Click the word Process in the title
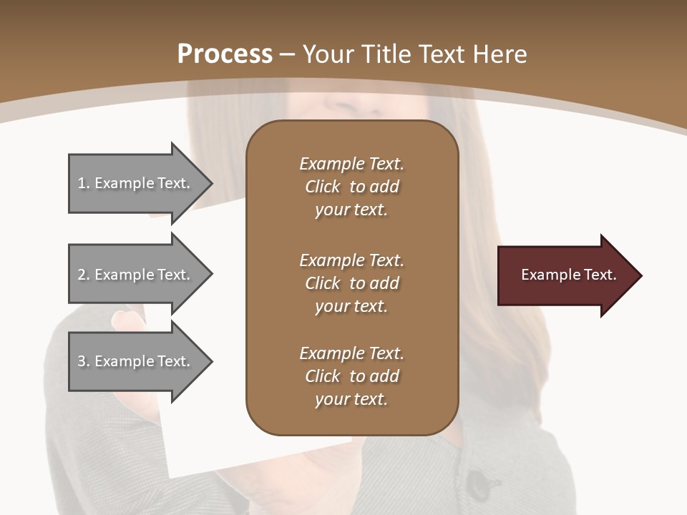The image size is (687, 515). click(x=225, y=54)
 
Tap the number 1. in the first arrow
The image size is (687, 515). click(x=84, y=183)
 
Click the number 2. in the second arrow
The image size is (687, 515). click(x=84, y=275)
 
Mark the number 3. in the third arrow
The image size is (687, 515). click(x=84, y=361)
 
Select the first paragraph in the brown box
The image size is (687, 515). click(x=351, y=187)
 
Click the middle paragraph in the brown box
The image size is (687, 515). click(x=351, y=283)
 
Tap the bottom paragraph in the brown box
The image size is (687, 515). click(x=351, y=376)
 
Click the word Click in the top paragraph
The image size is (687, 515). click(x=322, y=187)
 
